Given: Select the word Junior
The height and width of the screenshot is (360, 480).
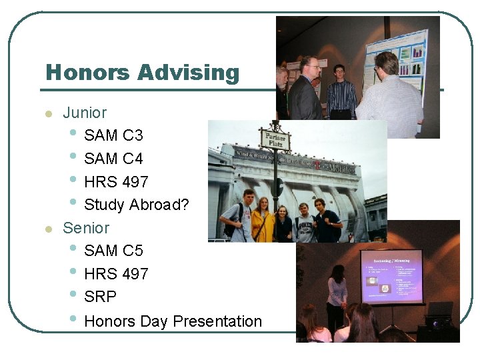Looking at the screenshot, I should (x=85, y=113).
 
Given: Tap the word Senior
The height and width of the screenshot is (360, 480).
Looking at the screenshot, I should (x=86, y=227).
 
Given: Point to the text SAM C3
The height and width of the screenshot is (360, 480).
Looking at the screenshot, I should (x=113, y=135).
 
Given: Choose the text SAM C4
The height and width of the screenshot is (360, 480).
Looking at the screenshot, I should (x=113, y=159).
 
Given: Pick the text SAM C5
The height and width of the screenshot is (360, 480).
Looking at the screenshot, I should (x=113, y=251).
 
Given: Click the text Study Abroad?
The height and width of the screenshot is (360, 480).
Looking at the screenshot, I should (x=137, y=205).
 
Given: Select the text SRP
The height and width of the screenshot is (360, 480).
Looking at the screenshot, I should (x=101, y=297).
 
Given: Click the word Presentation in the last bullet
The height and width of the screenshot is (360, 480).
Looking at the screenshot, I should (x=217, y=321).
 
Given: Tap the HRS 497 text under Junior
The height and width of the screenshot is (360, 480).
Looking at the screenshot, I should (x=117, y=181).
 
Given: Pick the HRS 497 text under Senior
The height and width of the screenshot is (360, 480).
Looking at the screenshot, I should (x=117, y=274).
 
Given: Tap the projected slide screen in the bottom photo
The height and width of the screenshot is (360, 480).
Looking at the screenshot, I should (x=391, y=276).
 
